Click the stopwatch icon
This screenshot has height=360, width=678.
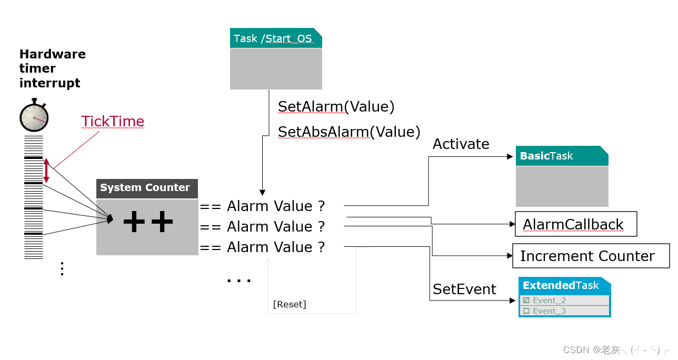[x=34, y=116]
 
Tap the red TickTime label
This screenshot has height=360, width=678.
[x=113, y=122]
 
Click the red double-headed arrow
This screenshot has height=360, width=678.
[x=46, y=171]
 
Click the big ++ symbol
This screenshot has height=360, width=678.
[x=148, y=223]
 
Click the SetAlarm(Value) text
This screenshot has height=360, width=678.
[x=336, y=107]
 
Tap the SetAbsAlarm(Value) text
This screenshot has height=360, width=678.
[x=349, y=132]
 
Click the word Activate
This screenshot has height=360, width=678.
[x=461, y=144]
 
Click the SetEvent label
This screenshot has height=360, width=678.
[x=464, y=289]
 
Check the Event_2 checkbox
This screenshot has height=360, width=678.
[x=526, y=301]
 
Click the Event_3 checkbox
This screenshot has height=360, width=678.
[x=526, y=311]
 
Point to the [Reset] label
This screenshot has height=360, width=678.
[x=290, y=304]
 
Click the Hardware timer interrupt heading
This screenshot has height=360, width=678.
[x=52, y=68]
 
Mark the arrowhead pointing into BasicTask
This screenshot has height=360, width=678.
[x=510, y=157]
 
